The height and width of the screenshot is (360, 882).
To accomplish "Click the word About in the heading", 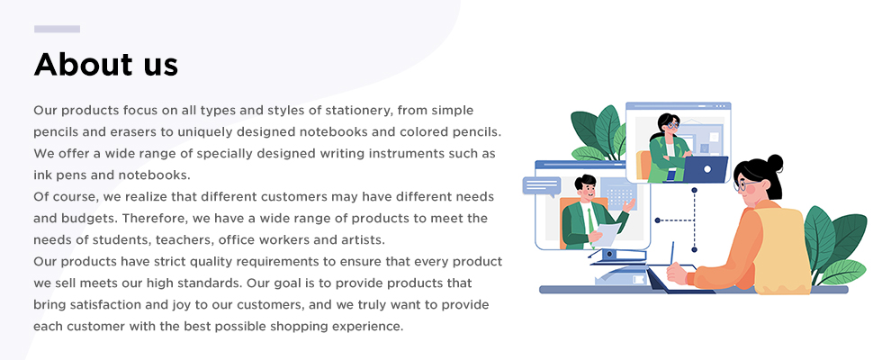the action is [83, 64].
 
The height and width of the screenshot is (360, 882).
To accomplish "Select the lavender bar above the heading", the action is [57, 29].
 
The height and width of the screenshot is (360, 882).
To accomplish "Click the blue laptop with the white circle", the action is [705, 169].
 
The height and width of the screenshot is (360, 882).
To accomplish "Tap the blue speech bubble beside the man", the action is [542, 186].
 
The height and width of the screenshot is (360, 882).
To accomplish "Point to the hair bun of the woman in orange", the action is [775, 163].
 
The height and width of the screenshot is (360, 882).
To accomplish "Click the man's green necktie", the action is [589, 219].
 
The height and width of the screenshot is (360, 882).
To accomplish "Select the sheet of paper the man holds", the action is [607, 234].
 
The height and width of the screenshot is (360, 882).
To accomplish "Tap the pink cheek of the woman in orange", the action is [750, 190].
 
